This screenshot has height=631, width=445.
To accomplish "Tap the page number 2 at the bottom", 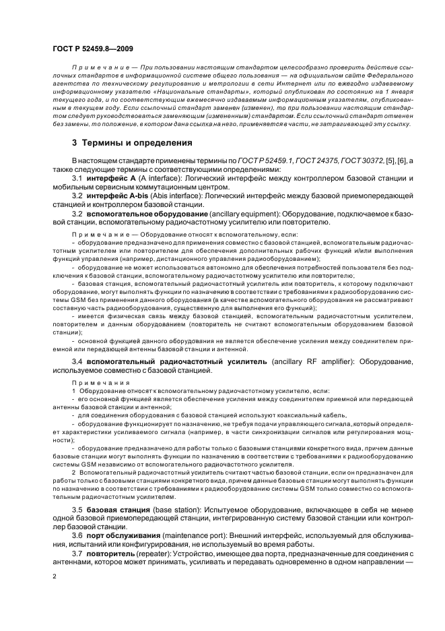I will [x=54, y=576].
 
